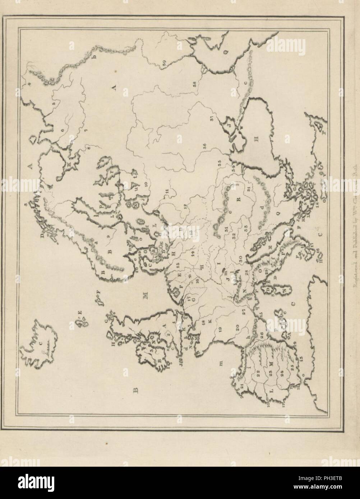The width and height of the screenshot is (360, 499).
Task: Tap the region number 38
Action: pos(194,84)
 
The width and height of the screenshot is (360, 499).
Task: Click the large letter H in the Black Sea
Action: pos(256,140)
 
